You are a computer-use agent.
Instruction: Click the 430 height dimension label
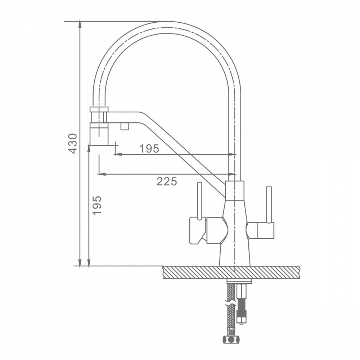[73, 143]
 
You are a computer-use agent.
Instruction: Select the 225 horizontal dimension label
[167, 181]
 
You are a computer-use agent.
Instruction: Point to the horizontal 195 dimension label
[149, 149]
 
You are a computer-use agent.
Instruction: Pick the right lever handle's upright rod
[269, 204]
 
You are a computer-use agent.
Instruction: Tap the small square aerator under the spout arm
[125, 126]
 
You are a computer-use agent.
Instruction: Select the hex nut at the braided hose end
[231, 339]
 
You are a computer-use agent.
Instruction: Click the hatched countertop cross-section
[231, 273]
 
